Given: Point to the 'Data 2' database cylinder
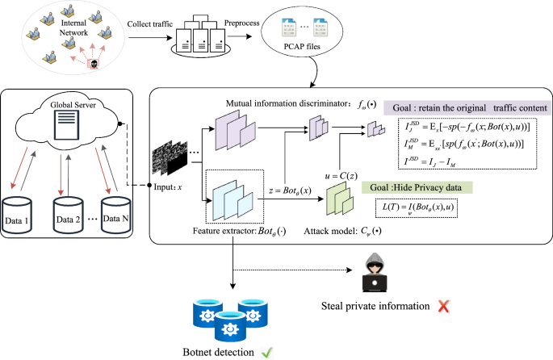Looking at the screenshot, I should [x=69, y=215].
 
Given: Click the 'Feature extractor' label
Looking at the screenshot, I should [x=234, y=231].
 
